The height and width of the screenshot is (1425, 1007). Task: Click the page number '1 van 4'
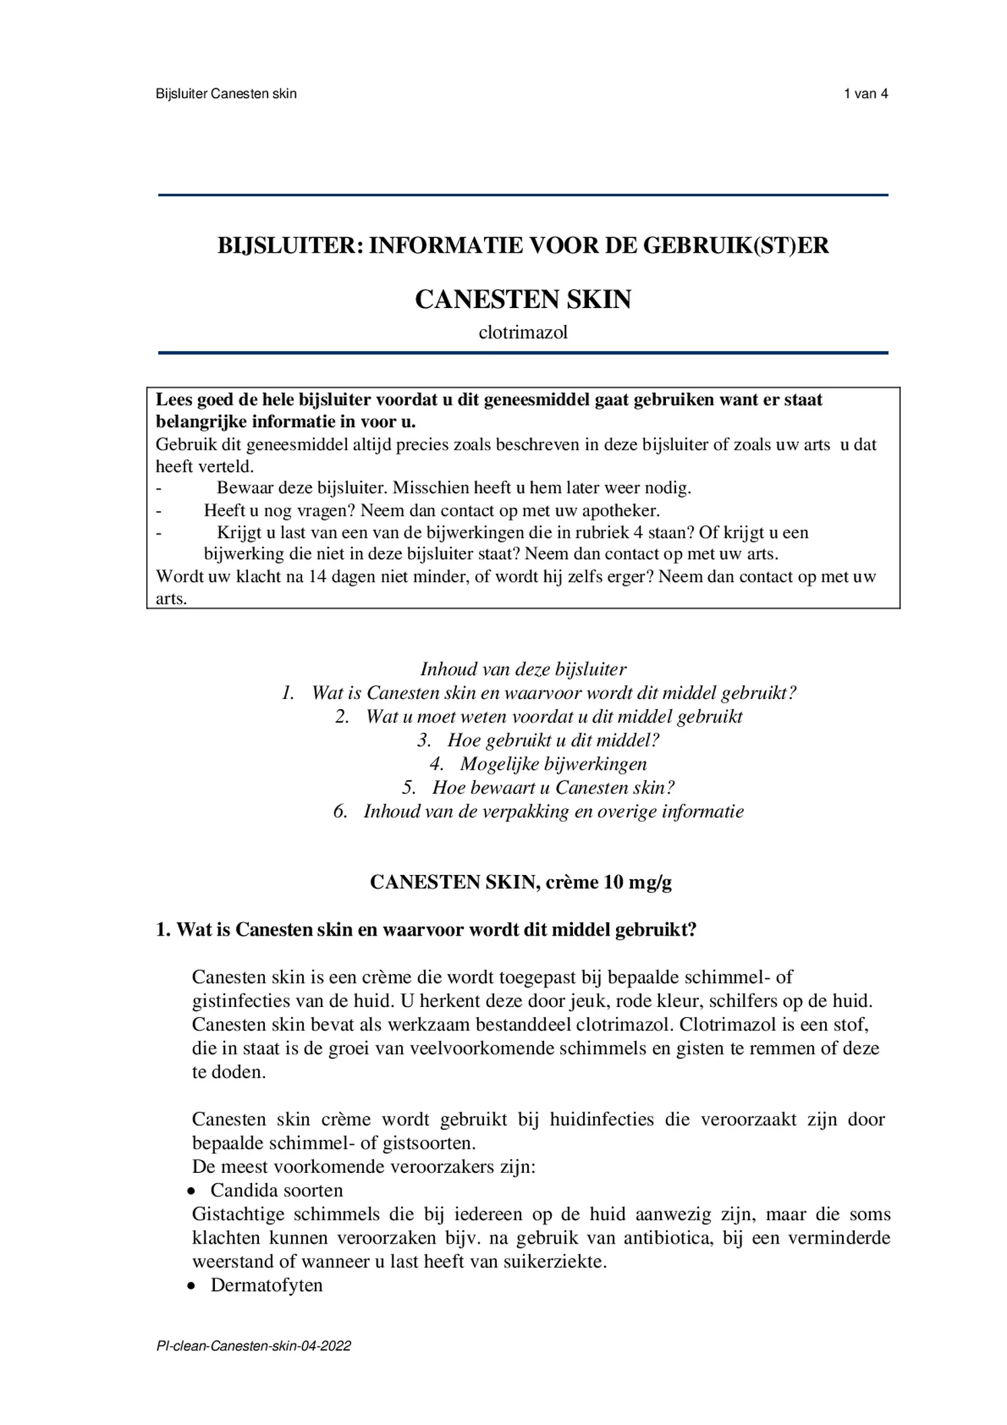click(x=865, y=94)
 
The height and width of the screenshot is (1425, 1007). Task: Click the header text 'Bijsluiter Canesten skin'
click(x=226, y=94)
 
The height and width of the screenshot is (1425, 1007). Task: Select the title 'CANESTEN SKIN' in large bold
click(x=522, y=299)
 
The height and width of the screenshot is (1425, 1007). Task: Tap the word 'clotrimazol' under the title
click(x=522, y=332)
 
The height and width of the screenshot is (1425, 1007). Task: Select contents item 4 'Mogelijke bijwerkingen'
click(x=553, y=764)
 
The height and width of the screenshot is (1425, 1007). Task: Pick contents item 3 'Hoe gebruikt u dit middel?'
click(x=553, y=740)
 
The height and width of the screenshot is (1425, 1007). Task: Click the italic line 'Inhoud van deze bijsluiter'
click(x=523, y=669)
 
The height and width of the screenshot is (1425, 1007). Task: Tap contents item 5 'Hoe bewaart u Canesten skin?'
click(x=553, y=787)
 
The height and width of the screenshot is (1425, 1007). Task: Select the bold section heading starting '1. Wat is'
click(x=426, y=930)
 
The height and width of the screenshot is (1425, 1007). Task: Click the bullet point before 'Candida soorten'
click(x=192, y=1192)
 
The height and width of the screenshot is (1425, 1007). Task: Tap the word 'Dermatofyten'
click(x=266, y=1285)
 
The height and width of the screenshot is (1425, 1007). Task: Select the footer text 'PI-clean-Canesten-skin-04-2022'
click(x=253, y=1346)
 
